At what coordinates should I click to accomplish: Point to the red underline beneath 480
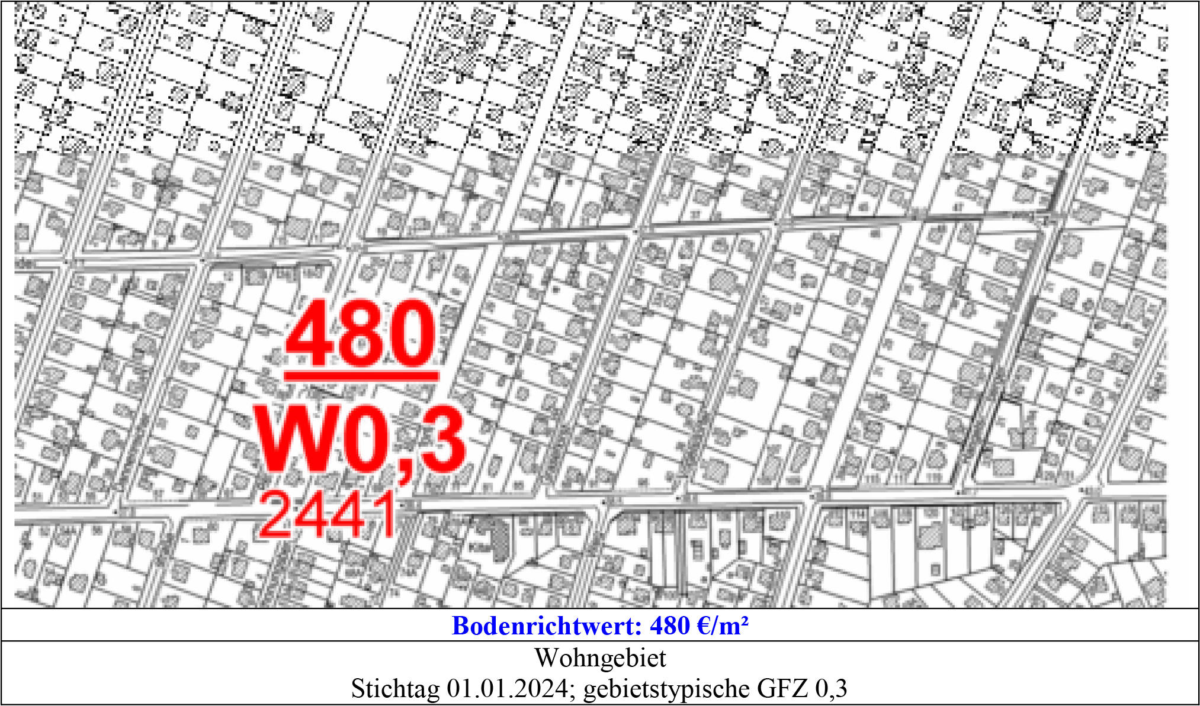(361, 375)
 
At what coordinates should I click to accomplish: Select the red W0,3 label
(360, 439)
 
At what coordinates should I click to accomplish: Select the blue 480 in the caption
(670, 626)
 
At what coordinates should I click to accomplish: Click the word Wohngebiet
(600, 657)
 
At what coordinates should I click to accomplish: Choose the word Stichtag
(395, 688)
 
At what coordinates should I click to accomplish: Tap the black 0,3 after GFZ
(831, 688)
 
